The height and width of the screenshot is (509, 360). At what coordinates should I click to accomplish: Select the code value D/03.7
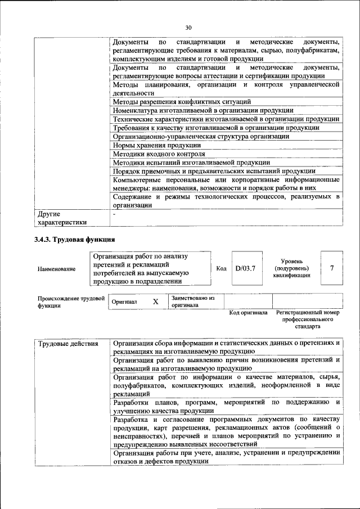click(245, 268)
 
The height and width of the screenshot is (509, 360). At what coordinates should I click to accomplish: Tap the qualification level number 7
click(332, 268)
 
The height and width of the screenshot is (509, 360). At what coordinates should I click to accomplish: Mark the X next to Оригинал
click(156, 301)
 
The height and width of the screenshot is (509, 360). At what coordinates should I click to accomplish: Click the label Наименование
click(57, 269)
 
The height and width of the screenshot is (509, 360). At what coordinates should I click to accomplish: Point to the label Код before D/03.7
click(222, 268)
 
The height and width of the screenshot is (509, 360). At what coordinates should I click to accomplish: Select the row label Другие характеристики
click(62, 218)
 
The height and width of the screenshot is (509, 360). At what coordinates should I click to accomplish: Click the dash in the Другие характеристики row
click(114, 214)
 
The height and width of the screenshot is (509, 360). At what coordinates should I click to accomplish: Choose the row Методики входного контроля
click(158, 154)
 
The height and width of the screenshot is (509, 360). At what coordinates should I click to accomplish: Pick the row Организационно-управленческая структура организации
click(201, 136)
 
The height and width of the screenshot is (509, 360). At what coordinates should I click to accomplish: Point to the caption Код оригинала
click(248, 313)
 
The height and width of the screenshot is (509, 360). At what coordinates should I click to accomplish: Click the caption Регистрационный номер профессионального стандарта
click(308, 319)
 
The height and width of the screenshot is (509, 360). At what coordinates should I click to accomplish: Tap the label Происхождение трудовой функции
click(71, 302)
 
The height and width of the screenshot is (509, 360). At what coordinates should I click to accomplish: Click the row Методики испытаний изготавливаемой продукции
click(191, 162)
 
